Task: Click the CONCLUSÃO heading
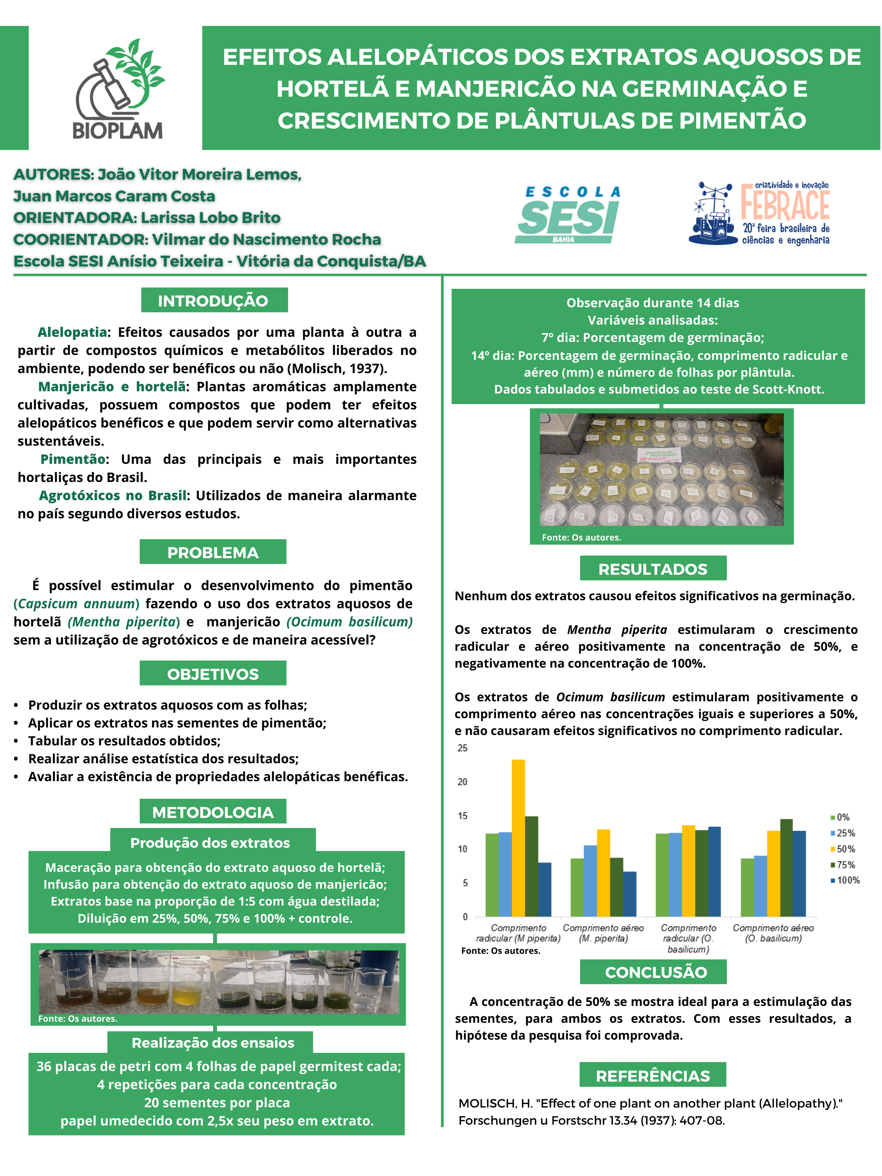pos(656,972)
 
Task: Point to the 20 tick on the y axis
pos(463,782)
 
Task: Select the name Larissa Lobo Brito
pos(211,218)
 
